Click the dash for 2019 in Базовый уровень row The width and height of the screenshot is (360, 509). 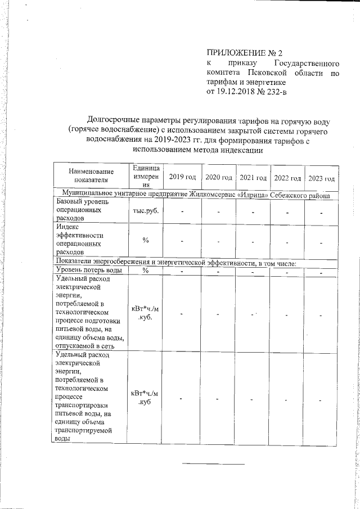[182, 211]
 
